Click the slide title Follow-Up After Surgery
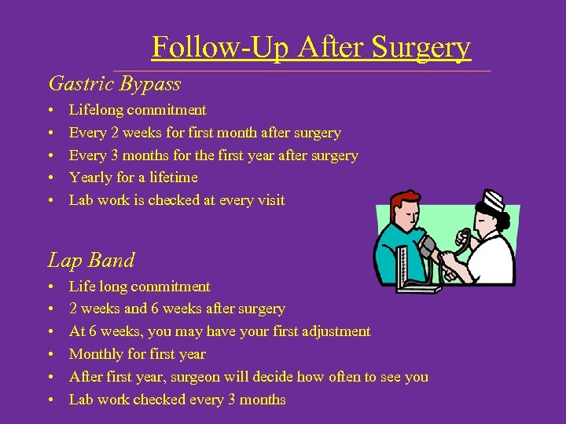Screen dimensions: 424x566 [311, 47]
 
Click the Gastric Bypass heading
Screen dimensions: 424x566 [115, 83]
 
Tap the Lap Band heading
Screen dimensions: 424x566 [91, 260]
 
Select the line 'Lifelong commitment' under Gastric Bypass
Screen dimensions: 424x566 [138, 110]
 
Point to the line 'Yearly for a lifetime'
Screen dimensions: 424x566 [133, 177]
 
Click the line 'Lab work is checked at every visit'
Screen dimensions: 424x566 [177, 200]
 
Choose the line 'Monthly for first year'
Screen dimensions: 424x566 [138, 354]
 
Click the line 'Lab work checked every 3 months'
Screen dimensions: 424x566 [177, 400]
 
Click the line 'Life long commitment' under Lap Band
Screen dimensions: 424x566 [139, 287]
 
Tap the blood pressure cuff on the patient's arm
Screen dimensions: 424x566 [428, 249]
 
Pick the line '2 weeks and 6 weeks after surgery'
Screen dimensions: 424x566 [177, 309]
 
